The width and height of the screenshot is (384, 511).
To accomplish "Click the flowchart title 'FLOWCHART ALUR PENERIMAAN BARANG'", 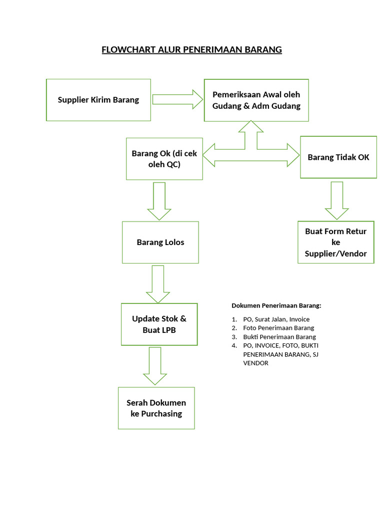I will (191, 49).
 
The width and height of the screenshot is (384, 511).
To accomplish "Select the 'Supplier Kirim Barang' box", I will (98, 100).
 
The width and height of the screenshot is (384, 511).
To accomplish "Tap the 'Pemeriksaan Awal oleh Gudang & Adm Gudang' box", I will (256, 100).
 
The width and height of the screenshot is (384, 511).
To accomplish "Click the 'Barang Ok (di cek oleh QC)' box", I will (164, 159).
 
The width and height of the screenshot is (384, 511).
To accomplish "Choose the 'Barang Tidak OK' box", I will (338, 157).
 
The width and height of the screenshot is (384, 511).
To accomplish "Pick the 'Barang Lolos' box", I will (160, 243).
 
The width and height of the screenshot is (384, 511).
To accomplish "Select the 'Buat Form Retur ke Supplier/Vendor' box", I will (335, 243).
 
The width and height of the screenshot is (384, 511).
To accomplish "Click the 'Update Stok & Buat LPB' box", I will (159, 324).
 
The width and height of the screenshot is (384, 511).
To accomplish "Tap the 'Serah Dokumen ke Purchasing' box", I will (156, 408).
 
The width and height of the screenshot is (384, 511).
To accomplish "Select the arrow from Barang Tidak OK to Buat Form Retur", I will (336, 200).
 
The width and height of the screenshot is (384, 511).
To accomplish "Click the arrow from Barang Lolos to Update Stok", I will (158, 283).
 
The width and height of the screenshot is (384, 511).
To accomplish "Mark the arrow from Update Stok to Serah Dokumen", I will (155, 366).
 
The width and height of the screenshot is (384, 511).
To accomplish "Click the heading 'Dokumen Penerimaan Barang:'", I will (276, 305).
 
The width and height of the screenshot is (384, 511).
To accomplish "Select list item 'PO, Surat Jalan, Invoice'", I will (276, 319).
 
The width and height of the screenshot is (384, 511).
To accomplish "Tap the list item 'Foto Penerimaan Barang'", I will (278, 328).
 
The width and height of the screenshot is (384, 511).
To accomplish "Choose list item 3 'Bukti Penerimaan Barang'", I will (279, 337).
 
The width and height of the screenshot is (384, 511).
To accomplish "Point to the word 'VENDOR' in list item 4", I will (255, 363).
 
